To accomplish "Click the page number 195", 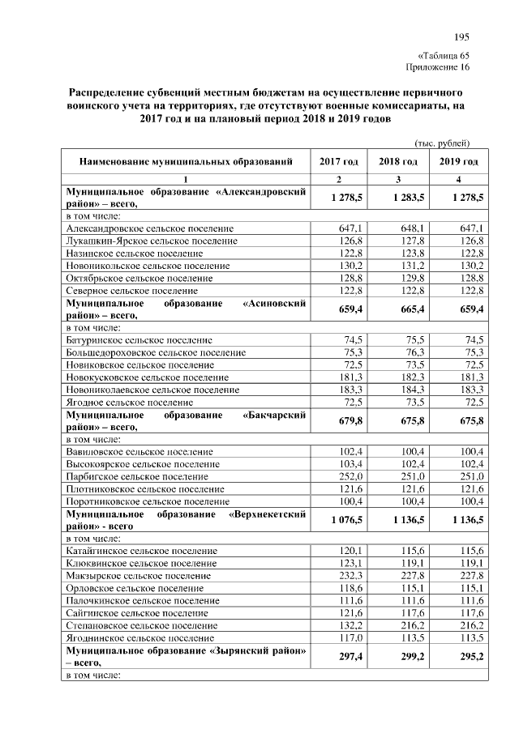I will tap(461, 37).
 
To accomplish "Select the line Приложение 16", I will tap(437, 66).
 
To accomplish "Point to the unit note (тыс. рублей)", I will tap(442, 143).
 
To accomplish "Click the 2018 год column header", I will tap(397, 162).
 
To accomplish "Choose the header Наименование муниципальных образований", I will tap(186, 162).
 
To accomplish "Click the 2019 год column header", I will tap(459, 162).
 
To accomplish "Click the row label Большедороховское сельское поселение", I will tap(155, 352).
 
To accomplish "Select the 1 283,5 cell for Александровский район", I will tap(397, 198).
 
